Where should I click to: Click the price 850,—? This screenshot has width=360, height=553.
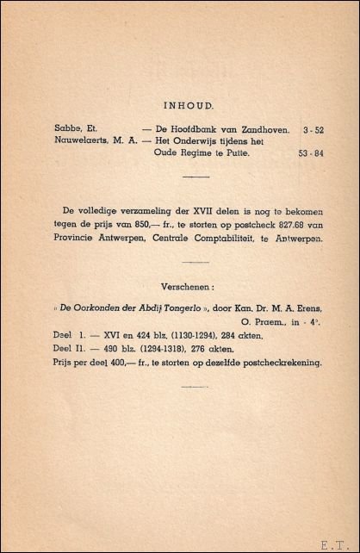(x=145, y=222)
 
